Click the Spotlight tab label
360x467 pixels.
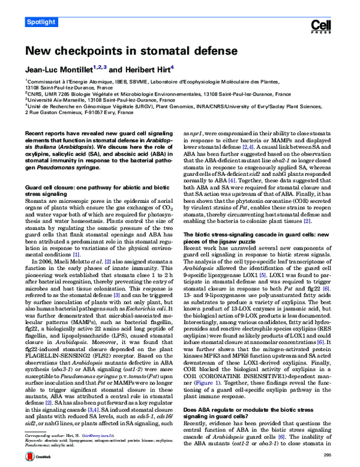[x=42, y=22]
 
